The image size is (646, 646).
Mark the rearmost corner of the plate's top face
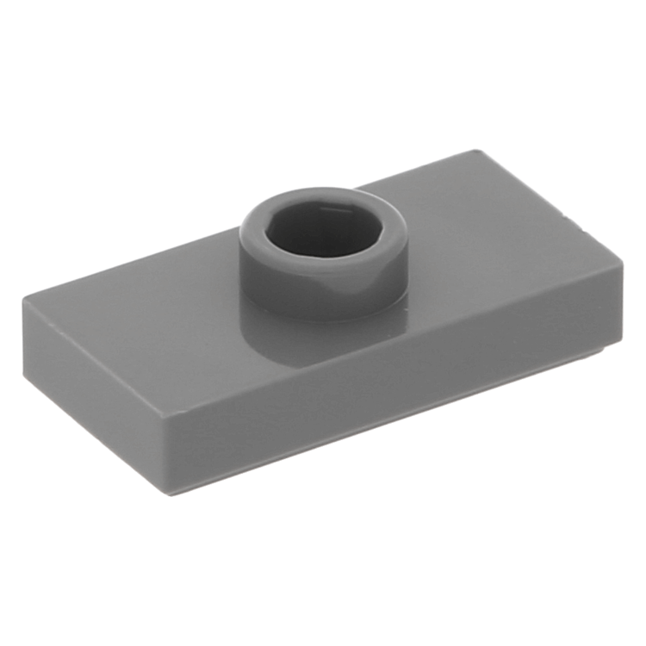[x=479, y=152]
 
